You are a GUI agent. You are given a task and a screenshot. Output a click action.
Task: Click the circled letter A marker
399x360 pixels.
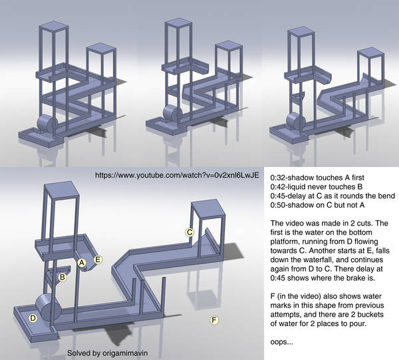82,262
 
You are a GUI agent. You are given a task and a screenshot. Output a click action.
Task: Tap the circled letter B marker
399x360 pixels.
63,277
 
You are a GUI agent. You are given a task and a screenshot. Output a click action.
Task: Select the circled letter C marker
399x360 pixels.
190,232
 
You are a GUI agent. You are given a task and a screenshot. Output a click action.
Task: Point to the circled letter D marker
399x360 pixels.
33,318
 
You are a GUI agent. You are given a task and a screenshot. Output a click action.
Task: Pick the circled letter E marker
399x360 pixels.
98,260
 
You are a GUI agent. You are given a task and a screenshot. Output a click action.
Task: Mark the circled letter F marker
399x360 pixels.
214,320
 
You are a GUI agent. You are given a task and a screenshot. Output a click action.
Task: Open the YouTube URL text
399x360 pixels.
177,175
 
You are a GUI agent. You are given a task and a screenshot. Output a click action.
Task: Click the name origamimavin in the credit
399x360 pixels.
125,353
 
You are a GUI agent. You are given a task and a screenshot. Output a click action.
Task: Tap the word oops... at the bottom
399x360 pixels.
281,342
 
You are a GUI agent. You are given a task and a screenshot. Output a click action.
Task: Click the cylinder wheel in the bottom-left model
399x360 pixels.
49,307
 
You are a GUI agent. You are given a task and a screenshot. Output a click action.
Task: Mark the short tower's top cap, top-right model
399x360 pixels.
370,54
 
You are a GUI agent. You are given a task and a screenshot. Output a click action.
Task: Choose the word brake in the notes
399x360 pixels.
355,277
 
